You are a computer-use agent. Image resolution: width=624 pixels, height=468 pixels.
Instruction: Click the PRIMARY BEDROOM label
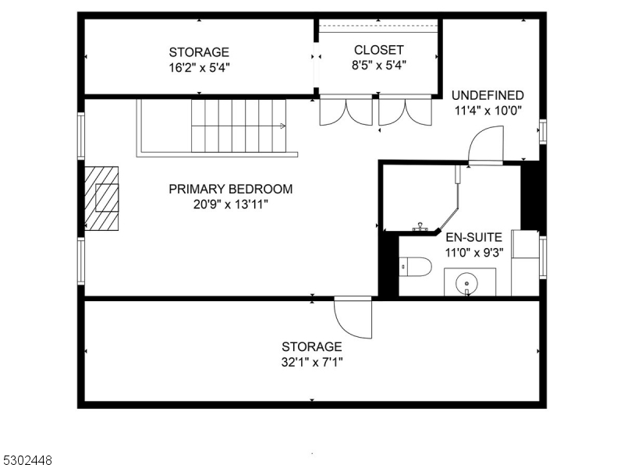(x=231, y=189)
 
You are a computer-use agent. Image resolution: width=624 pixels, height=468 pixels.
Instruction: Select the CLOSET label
(x=378, y=51)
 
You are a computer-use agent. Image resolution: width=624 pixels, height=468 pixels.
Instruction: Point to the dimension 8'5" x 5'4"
(x=378, y=66)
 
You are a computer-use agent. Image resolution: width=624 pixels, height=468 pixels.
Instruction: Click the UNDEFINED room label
(x=487, y=95)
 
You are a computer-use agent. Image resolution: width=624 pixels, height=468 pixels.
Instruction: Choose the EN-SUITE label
(x=473, y=236)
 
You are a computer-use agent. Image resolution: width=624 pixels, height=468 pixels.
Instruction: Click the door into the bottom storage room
(x=353, y=317)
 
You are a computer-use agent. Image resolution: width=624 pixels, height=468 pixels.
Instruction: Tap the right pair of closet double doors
(x=405, y=111)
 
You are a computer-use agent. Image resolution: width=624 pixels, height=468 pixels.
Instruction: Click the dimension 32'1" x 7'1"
(x=312, y=362)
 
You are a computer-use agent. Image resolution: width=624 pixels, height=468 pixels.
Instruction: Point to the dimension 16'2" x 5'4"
(x=199, y=67)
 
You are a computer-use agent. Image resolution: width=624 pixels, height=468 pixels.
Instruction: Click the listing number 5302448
(x=27, y=461)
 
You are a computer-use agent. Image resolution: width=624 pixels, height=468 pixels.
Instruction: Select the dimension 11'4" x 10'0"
(x=487, y=110)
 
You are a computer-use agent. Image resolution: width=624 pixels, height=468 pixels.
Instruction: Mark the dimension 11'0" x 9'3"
(x=473, y=252)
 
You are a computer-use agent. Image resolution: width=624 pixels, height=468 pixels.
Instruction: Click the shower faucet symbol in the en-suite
(x=421, y=227)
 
